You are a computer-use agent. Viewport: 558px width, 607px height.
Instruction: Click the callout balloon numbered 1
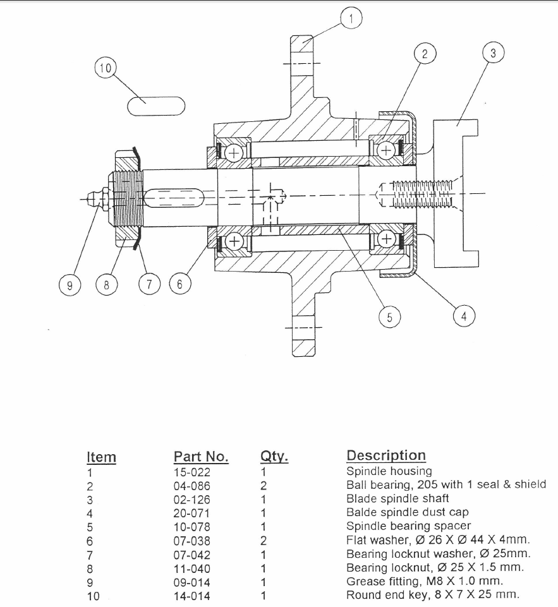[351, 19]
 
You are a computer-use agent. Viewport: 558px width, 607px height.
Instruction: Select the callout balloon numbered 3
[493, 54]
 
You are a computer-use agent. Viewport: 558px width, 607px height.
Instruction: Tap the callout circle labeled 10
[105, 68]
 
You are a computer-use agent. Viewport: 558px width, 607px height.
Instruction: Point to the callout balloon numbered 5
[390, 317]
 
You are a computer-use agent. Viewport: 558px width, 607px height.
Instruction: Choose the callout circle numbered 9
[69, 285]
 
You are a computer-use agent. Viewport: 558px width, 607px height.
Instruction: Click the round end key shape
[156, 106]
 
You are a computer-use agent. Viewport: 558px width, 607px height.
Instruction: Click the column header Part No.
[201, 457]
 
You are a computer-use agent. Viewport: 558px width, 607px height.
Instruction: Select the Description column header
[386, 455]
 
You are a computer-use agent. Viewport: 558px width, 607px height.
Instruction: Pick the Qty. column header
[274, 457]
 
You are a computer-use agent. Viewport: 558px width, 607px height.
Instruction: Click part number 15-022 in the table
[191, 471]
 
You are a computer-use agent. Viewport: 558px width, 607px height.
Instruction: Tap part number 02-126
[191, 499]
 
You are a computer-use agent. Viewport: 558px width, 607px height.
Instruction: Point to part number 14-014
[191, 596]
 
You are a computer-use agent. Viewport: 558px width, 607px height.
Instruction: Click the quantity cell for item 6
[264, 541]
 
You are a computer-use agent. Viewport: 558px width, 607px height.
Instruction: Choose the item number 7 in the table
[90, 555]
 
